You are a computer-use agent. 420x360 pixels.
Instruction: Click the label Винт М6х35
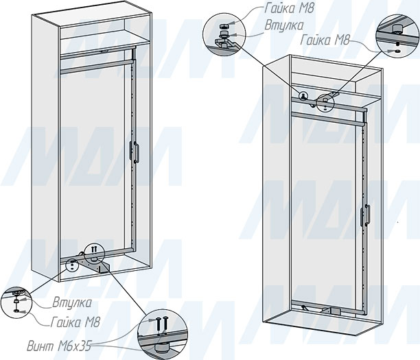[x=58, y=346]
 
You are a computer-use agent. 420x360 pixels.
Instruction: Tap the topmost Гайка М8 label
[x=289, y=8]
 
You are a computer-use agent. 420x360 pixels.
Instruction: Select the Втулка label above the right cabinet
[x=284, y=25]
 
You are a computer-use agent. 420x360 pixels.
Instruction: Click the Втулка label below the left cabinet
[x=72, y=302]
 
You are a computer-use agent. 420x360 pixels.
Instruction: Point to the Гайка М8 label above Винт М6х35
[x=75, y=322]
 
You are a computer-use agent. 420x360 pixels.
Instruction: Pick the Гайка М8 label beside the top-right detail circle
[x=325, y=40]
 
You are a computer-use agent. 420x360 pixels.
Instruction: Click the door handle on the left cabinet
[x=135, y=152]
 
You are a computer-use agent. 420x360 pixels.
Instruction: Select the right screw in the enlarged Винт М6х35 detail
[x=165, y=324]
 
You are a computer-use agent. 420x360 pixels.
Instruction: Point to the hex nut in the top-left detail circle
[x=223, y=27]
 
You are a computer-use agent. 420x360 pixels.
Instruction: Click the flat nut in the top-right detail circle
[x=397, y=50]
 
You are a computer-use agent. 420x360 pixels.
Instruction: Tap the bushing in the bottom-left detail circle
[x=16, y=302]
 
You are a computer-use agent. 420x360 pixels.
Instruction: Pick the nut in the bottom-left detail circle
[x=16, y=311]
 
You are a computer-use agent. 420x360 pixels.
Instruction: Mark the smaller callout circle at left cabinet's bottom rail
[x=72, y=265]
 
